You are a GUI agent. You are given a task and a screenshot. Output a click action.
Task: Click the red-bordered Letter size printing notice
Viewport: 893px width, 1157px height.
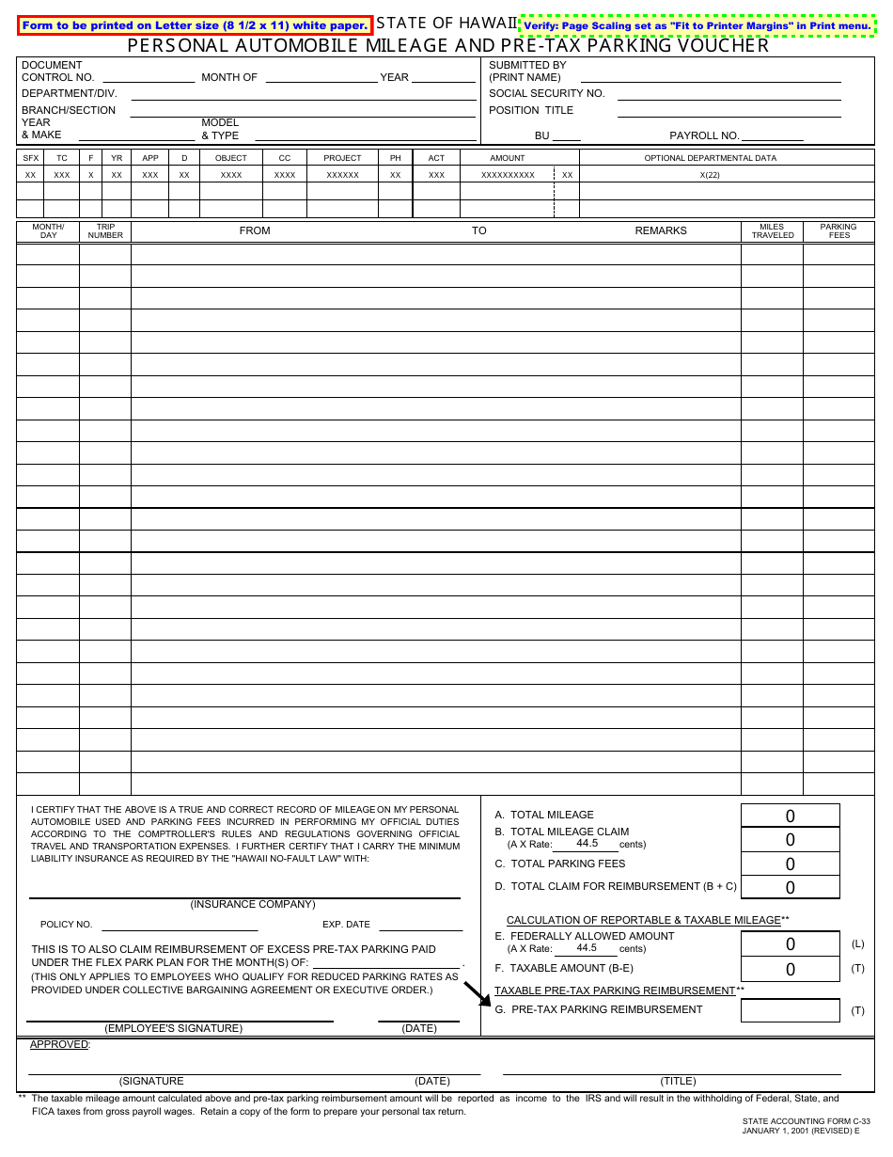pyautogui.click(x=195, y=25)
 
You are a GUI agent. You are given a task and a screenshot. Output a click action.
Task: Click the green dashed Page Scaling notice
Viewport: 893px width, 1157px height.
pyautogui.click(x=697, y=25)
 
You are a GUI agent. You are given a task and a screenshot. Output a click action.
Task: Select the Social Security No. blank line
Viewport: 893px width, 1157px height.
pyautogui.click(x=728, y=95)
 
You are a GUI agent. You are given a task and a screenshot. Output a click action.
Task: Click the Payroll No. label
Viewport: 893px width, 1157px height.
pyautogui.click(x=704, y=135)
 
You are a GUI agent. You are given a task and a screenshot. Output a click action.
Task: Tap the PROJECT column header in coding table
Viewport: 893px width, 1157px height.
pyautogui.click(x=342, y=158)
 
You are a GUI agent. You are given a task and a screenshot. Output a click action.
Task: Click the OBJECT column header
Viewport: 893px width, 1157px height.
pyautogui.click(x=230, y=158)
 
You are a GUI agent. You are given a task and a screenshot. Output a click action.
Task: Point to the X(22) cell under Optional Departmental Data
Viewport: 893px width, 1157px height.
pyautogui.click(x=710, y=175)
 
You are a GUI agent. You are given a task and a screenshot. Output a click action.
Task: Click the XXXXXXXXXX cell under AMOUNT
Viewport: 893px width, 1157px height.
pyautogui.click(x=508, y=175)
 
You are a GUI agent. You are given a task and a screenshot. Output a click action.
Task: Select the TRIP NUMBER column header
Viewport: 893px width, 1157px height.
pyautogui.click(x=105, y=231)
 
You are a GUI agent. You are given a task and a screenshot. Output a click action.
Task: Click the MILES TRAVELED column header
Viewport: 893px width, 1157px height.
pyautogui.click(x=772, y=231)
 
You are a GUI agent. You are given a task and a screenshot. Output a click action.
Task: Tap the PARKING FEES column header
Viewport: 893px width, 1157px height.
pyautogui.click(x=838, y=231)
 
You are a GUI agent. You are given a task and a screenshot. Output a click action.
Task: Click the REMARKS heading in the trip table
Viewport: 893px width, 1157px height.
pyautogui.click(x=661, y=230)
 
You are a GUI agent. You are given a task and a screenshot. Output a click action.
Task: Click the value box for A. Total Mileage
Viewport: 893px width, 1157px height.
pyautogui.click(x=790, y=816)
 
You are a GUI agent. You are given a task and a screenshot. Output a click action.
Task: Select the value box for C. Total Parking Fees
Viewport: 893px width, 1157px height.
pyautogui.click(x=790, y=864)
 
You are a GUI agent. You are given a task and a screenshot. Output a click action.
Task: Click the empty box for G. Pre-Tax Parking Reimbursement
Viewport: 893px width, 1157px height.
pyautogui.click(x=790, y=1010)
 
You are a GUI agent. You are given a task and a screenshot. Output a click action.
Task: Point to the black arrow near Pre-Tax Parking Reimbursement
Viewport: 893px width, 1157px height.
pyautogui.click(x=478, y=994)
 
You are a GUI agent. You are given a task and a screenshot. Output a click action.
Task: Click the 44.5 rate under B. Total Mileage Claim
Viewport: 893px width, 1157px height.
pyautogui.click(x=587, y=843)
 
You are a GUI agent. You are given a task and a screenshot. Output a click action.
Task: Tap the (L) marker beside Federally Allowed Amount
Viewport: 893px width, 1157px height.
pyautogui.click(x=857, y=943)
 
